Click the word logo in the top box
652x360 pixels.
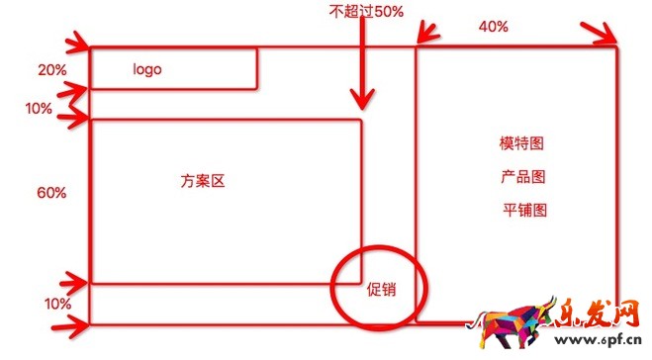click(x=146, y=70)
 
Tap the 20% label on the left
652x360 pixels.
click(x=51, y=70)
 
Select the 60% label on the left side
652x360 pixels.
click(x=51, y=193)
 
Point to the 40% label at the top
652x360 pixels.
click(x=493, y=27)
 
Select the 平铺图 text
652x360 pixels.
click(x=524, y=210)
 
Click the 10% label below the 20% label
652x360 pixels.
click(x=40, y=109)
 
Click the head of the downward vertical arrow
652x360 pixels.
click(x=363, y=101)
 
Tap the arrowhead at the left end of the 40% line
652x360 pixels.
click(x=425, y=38)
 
